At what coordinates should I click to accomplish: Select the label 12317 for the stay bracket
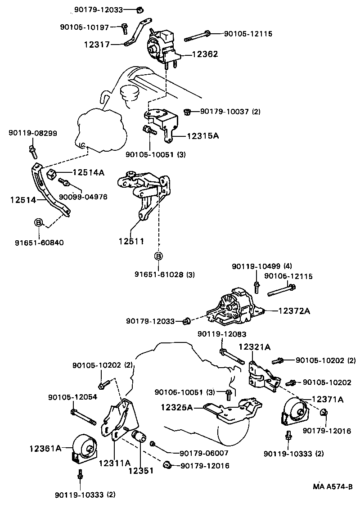point(97,44)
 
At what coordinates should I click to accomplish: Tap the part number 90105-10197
point(84,27)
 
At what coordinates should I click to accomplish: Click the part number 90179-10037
point(224,111)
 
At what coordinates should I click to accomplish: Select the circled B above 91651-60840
point(39,222)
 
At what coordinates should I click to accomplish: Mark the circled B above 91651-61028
point(158,256)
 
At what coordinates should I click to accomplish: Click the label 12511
point(131,241)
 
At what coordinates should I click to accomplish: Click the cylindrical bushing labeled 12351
point(137,436)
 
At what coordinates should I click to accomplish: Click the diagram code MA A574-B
point(333,486)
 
